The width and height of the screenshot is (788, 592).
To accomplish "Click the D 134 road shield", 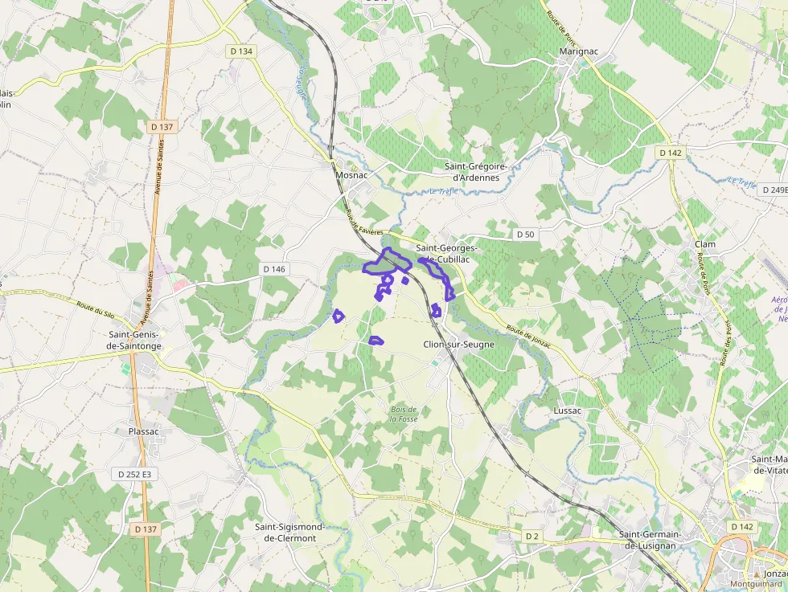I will [x=240, y=51].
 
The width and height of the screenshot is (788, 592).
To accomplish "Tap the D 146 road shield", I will [x=274, y=269].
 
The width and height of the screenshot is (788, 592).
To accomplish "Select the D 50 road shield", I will [x=525, y=234].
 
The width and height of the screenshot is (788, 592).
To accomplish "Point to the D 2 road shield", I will [x=531, y=536].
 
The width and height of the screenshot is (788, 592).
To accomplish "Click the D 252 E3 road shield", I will [x=134, y=475].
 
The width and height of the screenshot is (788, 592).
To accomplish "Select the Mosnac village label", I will [x=351, y=174].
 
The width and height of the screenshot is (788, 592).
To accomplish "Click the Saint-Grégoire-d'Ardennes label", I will [x=477, y=172].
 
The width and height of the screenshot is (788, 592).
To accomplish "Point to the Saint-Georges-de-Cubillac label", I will [x=446, y=254].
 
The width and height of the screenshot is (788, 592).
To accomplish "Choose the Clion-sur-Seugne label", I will [x=458, y=345].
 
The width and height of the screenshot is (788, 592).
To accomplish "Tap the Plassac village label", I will [x=144, y=431].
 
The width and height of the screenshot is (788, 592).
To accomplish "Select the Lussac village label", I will [x=567, y=410].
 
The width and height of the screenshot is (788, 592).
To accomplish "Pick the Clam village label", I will [x=705, y=244].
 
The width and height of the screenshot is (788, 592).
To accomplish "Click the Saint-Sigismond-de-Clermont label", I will [x=289, y=533].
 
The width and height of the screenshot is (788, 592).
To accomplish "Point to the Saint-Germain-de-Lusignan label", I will [x=650, y=540].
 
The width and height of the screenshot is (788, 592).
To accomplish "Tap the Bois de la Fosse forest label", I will [x=404, y=414].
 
